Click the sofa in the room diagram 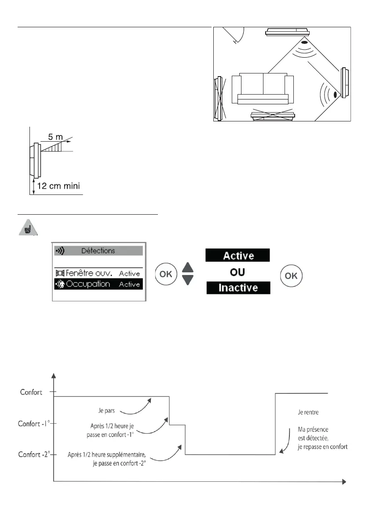263,88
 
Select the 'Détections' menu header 99,251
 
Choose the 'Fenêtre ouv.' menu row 99,273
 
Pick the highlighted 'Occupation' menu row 99,284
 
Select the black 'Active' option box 237,255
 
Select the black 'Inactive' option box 237,289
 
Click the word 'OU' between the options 237,272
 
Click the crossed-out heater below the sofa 273,114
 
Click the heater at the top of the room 287,32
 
